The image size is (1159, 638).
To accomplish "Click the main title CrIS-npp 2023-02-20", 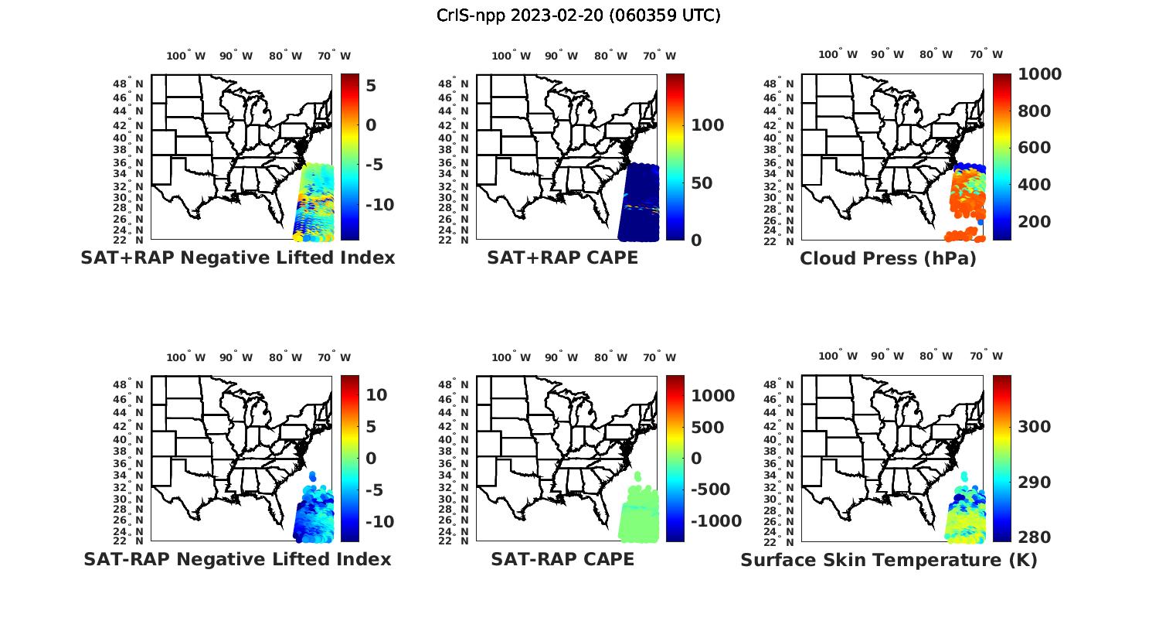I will [578, 15].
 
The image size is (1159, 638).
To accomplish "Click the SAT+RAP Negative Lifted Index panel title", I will [237, 258].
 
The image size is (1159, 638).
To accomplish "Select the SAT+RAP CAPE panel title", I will [563, 258].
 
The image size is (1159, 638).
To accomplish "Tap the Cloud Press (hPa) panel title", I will [888, 258].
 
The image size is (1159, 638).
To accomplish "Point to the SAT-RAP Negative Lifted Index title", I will [237, 559].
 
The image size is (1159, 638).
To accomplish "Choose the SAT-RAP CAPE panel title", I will [563, 559].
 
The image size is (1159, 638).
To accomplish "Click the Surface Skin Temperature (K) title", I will [889, 560].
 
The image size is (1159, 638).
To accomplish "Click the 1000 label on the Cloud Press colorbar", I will [1039, 74].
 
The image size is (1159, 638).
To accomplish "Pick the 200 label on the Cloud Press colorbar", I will [1035, 222].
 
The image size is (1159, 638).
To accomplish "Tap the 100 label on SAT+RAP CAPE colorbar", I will [707, 125].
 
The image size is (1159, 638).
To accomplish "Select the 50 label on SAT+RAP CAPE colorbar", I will [702, 183].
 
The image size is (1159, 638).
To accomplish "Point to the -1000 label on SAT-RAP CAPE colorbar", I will [715, 521].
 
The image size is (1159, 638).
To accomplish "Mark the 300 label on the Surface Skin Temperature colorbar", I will [1035, 427].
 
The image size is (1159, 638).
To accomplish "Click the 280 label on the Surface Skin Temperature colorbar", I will [1035, 537].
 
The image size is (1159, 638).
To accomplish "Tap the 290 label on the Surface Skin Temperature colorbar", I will [1035, 483].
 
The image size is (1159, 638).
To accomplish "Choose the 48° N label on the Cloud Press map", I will [787, 84].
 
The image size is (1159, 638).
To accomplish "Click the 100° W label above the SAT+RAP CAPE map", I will [511, 56].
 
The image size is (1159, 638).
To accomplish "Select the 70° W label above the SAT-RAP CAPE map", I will [659, 357].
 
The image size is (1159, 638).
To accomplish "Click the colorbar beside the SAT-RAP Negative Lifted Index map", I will [349, 459].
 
